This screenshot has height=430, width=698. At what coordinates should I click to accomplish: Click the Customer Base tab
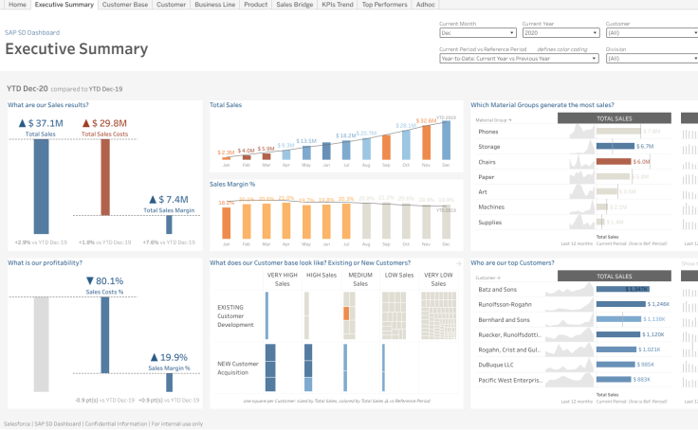pyautogui.click(x=125, y=5)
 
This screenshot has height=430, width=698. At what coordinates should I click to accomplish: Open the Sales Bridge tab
pyautogui.click(x=294, y=5)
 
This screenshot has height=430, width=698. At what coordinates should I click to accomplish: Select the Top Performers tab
pyautogui.click(x=385, y=5)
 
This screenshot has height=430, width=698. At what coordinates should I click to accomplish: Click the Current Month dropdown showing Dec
pyautogui.click(x=478, y=32)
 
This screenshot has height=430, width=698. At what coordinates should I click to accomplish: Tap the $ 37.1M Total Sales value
pyautogui.click(x=41, y=123)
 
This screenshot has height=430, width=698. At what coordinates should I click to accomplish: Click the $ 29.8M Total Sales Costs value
pyautogui.click(x=104, y=123)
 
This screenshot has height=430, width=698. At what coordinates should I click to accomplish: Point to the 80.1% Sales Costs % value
pyautogui.click(x=104, y=280)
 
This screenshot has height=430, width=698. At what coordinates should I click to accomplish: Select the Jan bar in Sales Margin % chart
pyautogui.click(x=227, y=221)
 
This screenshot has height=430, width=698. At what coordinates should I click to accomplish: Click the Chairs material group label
pyautogui.click(x=490, y=161)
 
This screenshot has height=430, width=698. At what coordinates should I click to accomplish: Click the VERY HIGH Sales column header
pyautogui.click(x=282, y=279)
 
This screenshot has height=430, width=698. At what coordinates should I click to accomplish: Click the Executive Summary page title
pyautogui.click(x=77, y=49)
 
